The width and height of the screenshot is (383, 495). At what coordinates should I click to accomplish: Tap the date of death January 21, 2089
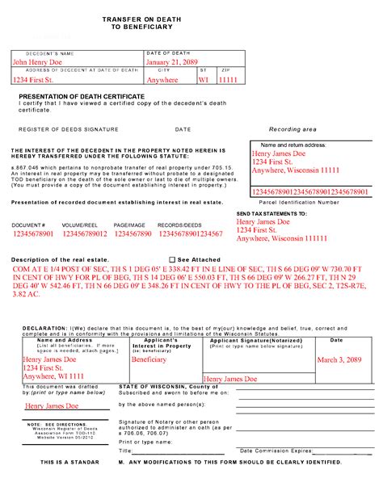tap(173, 61)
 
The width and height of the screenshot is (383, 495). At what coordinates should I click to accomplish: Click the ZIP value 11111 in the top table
tap(230, 80)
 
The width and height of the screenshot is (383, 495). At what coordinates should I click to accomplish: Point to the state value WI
tap(204, 80)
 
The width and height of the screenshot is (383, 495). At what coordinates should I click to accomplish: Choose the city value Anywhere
tap(162, 80)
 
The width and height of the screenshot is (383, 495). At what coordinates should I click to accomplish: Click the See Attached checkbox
tap(171, 259)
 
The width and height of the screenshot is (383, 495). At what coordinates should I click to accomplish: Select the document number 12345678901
tap(33, 233)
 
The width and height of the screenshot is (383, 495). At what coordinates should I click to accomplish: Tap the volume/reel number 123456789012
tap(83, 233)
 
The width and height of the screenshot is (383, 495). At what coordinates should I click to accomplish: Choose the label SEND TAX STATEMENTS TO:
tap(271, 213)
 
